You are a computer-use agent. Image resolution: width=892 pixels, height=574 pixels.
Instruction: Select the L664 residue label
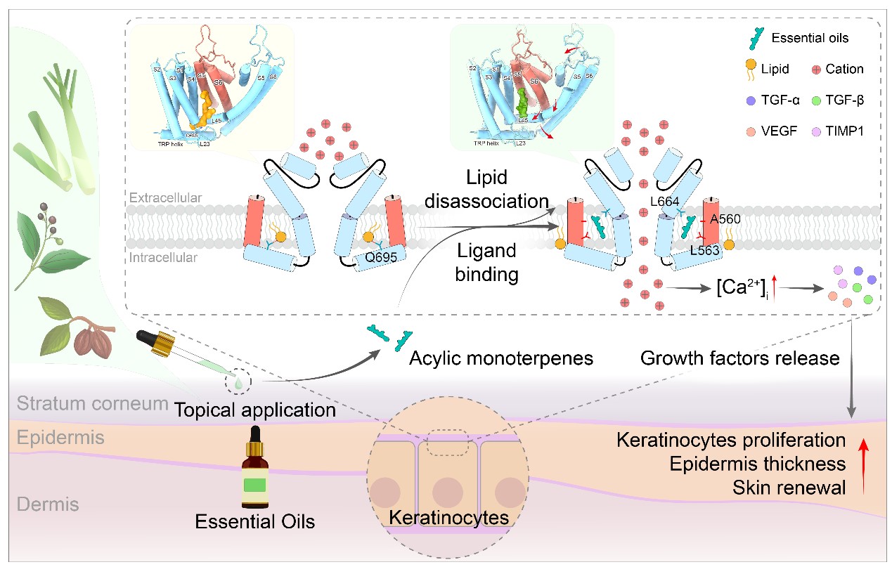point(664,202)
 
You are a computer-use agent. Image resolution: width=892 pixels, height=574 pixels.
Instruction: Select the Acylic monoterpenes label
point(502,358)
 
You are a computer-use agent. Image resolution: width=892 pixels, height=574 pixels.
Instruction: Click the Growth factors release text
point(740,358)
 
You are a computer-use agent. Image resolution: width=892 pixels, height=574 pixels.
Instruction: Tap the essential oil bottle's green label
point(254,485)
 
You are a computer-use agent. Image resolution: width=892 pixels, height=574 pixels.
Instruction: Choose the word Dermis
point(49,504)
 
